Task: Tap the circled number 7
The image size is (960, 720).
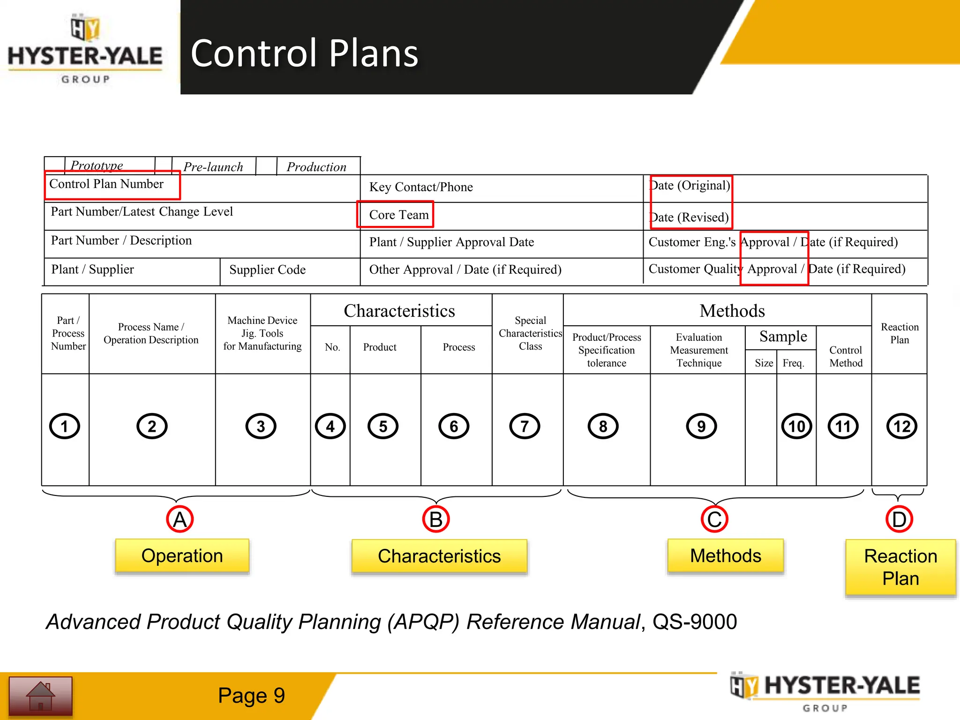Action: tap(525, 426)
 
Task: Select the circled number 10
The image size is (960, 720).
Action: tap(796, 426)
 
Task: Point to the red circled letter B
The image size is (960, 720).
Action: tap(436, 519)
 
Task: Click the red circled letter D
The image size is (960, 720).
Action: tap(899, 519)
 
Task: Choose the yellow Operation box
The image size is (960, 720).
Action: tap(182, 556)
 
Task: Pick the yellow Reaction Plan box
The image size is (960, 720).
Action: tap(900, 567)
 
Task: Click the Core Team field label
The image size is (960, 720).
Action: tap(399, 215)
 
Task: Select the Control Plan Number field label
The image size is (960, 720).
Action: tap(106, 184)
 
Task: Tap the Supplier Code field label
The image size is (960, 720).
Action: tap(267, 270)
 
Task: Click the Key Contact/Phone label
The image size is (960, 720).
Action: tap(421, 187)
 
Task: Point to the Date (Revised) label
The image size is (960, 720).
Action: tap(689, 217)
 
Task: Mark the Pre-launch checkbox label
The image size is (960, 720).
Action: tap(213, 167)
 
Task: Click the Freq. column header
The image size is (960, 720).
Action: tap(793, 363)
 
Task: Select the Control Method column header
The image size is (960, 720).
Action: tap(846, 357)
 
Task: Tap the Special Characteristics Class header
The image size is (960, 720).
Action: tap(530, 333)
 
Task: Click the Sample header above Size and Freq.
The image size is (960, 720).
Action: tap(783, 337)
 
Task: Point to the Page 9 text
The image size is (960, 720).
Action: tap(251, 696)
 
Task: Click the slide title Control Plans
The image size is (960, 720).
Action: tap(304, 53)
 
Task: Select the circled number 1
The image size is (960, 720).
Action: tap(65, 426)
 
